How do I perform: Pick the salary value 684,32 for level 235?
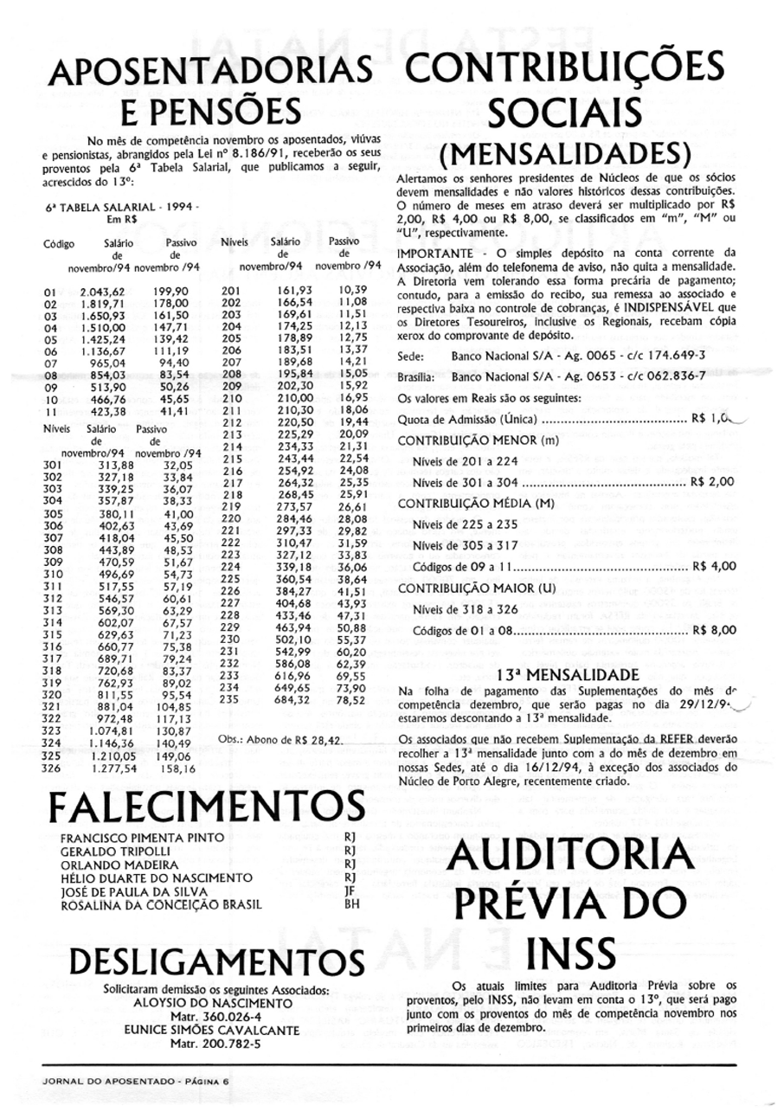tap(292, 699)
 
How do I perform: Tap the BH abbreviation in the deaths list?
tap(350, 905)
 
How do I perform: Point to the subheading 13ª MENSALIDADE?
tap(567, 674)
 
